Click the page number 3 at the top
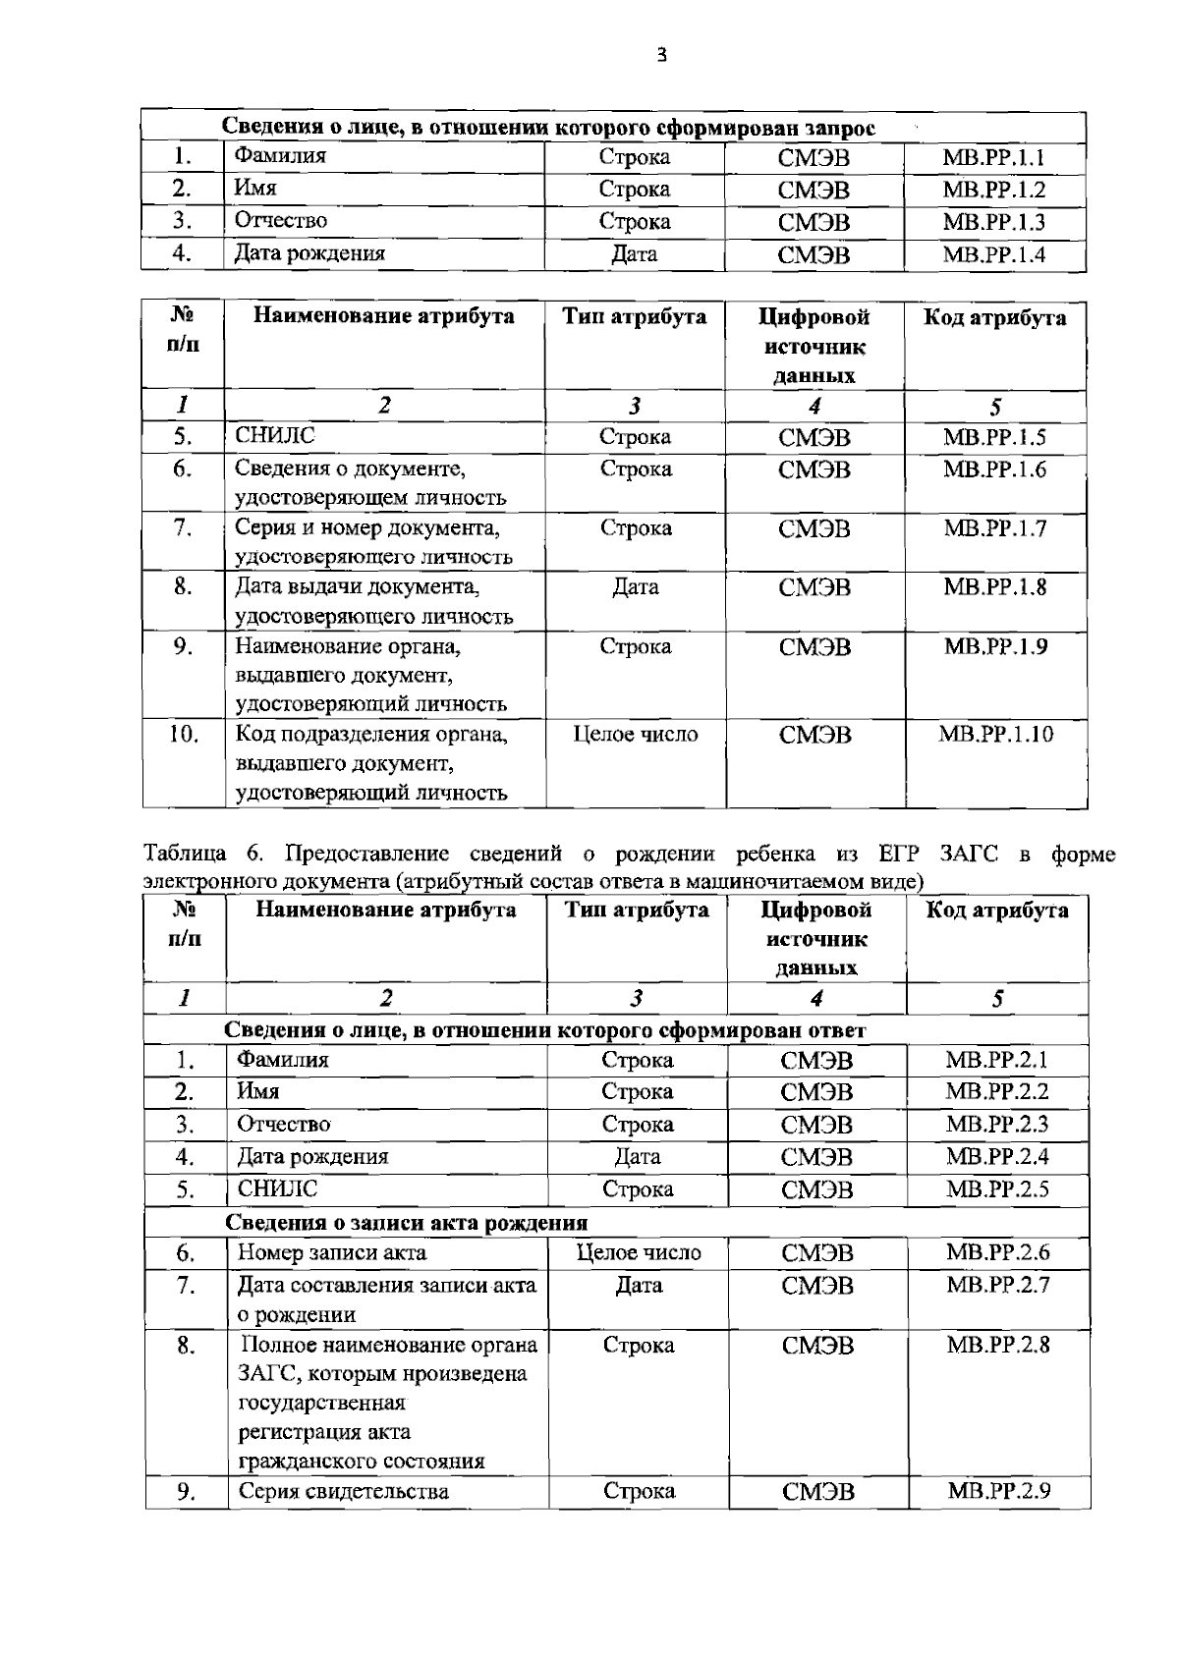click(661, 56)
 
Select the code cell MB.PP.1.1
click(993, 157)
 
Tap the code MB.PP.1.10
click(995, 734)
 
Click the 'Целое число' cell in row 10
click(636, 734)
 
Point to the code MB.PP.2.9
click(998, 1491)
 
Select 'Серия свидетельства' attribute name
click(344, 1491)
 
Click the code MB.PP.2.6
click(997, 1252)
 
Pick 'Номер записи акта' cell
click(332, 1252)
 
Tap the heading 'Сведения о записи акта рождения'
click(407, 1223)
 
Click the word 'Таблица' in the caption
click(185, 854)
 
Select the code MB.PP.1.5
click(994, 437)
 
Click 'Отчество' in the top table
click(280, 221)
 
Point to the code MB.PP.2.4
click(997, 1157)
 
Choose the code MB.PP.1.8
click(994, 587)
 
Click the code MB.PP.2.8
click(997, 1345)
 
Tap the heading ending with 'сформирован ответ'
click(545, 1030)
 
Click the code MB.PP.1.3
click(993, 222)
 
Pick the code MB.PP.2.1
click(997, 1060)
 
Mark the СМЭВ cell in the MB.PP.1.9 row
click(814, 647)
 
